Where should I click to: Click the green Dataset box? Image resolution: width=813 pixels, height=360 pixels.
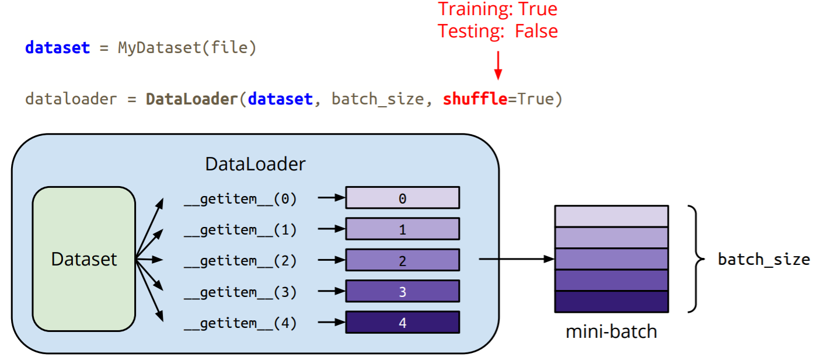[x=84, y=259]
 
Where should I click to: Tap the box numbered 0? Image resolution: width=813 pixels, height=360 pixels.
[x=402, y=198]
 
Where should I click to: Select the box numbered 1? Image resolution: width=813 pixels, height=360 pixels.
[x=402, y=229]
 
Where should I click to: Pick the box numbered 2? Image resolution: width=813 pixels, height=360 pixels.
[x=402, y=260]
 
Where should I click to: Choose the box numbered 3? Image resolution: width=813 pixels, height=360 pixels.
[x=402, y=291]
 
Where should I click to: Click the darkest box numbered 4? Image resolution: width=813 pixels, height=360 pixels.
[x=402, y=322]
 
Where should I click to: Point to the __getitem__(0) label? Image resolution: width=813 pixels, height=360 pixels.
[x=240, y=199]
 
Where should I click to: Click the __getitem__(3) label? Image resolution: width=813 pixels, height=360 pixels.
[x=240, y=292]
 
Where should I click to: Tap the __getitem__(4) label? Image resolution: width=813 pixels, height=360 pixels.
[x=240, y=323]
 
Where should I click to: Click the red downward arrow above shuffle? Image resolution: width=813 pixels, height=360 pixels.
[x=498, y=64]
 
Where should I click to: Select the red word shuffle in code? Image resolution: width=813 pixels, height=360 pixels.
[x=474, y=99]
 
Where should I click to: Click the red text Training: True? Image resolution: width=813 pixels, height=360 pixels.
[x=497, y=9]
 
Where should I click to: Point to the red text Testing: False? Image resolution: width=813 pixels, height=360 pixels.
[x=497, y=31]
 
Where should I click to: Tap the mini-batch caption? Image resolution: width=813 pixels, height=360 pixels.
[x=611, y=332]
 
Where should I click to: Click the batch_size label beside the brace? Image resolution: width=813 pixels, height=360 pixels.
[x=763, y=259]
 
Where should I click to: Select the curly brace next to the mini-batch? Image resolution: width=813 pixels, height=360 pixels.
[x=694, y=259]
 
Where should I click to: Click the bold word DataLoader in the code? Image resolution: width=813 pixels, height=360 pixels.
[x=191, y=99]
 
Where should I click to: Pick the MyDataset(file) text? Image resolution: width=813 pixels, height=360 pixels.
[x=187, y=47]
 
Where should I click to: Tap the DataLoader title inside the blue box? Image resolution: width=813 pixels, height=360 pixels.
[x=255, y=164]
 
